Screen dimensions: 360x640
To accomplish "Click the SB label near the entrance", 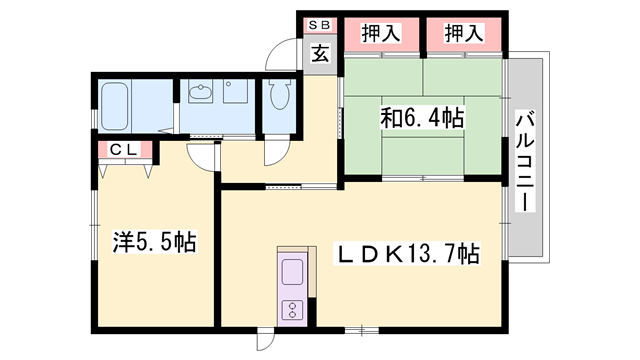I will point(320,25).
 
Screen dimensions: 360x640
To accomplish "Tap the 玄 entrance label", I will point(320,54).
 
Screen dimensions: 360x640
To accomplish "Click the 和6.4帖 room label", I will point(421,118).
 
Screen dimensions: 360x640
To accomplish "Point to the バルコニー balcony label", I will point(523,161).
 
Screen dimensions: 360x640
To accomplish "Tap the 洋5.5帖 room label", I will point(153,241).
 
